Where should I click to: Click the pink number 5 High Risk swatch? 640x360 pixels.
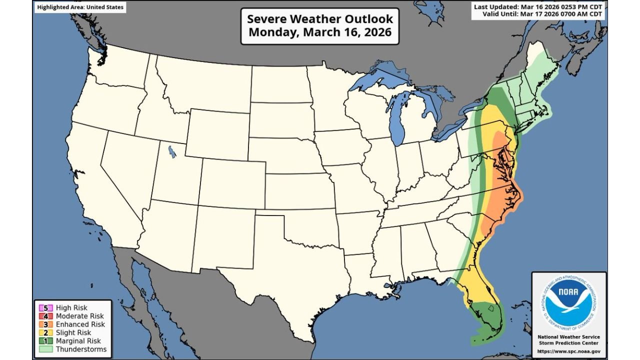[x=45, y=308]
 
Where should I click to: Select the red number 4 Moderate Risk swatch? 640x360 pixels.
[x=45, y=316]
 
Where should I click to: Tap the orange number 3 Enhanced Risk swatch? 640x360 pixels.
[x=45, y=324]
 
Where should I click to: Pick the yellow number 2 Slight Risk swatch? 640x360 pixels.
[x=45, y=332]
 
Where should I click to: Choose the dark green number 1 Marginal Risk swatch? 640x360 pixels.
[x=45, y=341]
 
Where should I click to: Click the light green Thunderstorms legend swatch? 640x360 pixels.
[x=45, y=349]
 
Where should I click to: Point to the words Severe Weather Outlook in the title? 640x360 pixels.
[x=320, y=19]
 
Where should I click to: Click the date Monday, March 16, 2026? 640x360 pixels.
[x=320, y=33]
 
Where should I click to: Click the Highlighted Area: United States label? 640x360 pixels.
[x=79, y=7]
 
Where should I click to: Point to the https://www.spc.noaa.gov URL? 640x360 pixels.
[x=569, y=351]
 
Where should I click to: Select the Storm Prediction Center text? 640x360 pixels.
[x=569, y=343]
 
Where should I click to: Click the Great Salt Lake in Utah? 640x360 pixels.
[x=172, y=151]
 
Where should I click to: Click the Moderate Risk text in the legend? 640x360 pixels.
[x=80, y=316]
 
